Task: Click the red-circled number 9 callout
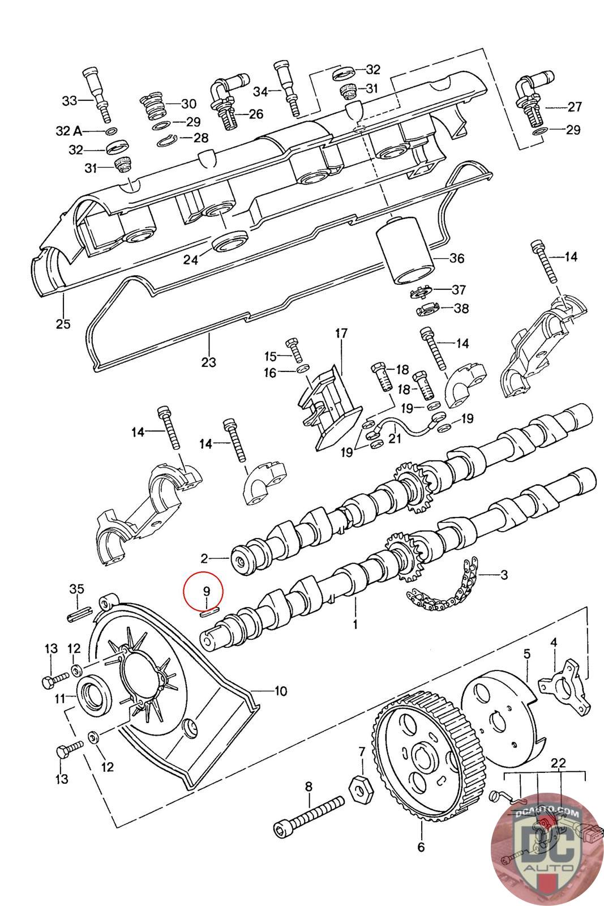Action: (207, 591)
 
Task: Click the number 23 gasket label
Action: (208, 361)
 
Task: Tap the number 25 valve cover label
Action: (63, 324)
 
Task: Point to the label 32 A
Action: (69, 131)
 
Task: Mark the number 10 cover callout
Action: (280, 691)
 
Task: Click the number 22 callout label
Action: (559, 763)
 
